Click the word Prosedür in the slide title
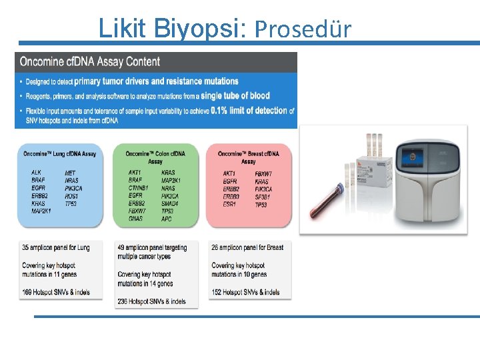tap(303, 29)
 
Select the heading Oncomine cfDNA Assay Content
tap(90, 62)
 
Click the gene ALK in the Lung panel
tap(37, 173)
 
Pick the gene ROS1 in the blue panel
tap(72, 196)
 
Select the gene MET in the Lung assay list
tap(70, 173)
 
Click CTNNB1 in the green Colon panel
tap(139, 188)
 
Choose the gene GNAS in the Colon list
tap(135, 219)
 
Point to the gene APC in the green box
tap(167, 219)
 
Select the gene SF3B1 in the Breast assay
tap(263, 196)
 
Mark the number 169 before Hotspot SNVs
tap(27, 292)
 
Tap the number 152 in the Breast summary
tap(217, 292)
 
